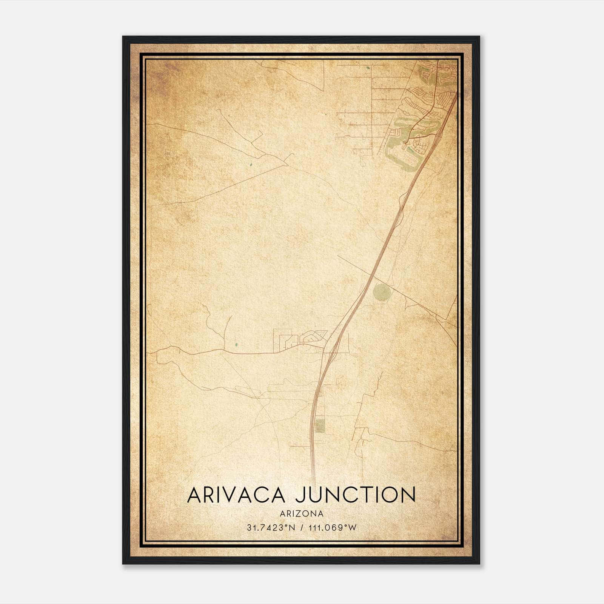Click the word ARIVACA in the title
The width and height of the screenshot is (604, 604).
(x=236, y=495)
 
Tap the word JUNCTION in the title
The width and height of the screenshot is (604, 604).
(x=355, y=495)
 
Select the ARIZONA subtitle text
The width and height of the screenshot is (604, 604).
(x=302, y=514)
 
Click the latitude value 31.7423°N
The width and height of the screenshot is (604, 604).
(x=265, y=528)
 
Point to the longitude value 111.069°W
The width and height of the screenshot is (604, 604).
(x=332, y=528)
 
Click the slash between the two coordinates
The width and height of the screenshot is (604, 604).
(x=301, y=528)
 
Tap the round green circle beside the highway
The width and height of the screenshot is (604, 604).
(x=381, y=291)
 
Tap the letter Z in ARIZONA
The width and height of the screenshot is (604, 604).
(x=298, y=514)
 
